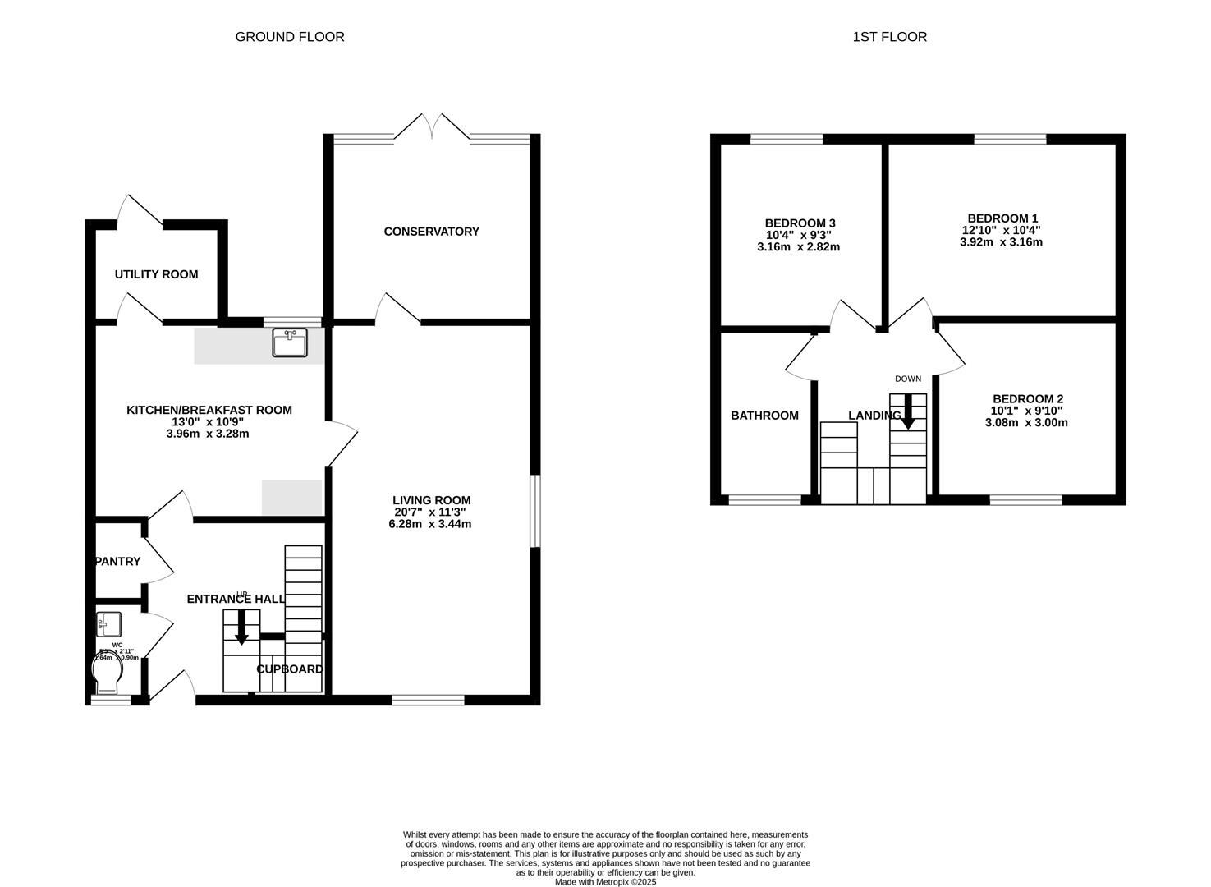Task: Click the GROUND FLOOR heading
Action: (x=290, y=37)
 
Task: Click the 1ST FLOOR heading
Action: (x=890, y=37)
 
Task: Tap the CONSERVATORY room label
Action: (x=431, y=232)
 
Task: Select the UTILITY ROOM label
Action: (x=156, y=274)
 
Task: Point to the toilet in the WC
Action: (x=108, y=675)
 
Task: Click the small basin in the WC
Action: (x=108, y=623)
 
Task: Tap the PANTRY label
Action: (x=118, y=562)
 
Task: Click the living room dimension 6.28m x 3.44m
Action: (x=430, y=524)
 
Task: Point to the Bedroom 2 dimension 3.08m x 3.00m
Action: (x=1026, y=423)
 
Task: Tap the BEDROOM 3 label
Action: (x=800, y=223)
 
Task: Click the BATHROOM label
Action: (x=764, y=416)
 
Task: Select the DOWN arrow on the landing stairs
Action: (x=908, y=411)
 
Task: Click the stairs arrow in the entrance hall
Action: (x=241, y=627)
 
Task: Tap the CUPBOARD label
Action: (x=290, y=669)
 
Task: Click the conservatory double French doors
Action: (x=433, y=127)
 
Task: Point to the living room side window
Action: (x=534, y=510)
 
